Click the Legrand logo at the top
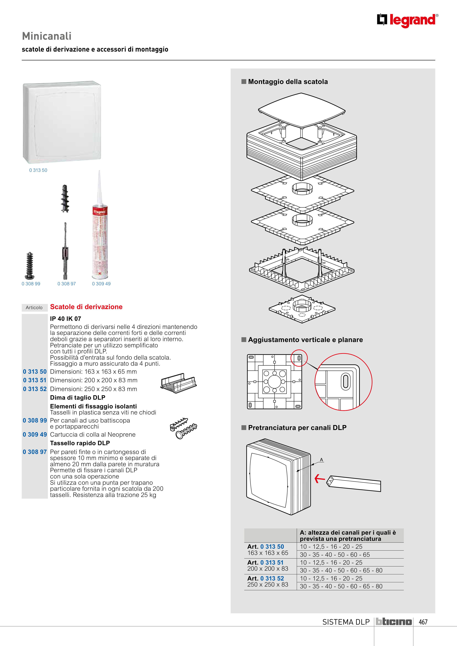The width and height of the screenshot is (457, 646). tap(407, 20)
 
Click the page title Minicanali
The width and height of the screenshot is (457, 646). tap(47, 36)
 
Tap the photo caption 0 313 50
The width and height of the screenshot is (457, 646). tap(38, 170)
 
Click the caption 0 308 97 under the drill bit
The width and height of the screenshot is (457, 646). tap(67, 284)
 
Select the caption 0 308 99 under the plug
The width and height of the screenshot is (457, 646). tap(31, 284)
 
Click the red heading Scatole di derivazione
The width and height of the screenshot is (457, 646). tap(86, 307)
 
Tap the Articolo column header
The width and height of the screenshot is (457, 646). tap(34, 307)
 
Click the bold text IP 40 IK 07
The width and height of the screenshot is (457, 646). tap(66, 319)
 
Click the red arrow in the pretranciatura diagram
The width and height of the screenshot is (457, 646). tap(320, 478)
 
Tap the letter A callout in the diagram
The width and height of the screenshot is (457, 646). tap(321, 460)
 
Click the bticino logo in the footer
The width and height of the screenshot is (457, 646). tap(394, 622)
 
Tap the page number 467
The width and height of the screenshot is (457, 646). tap(423, 622)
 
